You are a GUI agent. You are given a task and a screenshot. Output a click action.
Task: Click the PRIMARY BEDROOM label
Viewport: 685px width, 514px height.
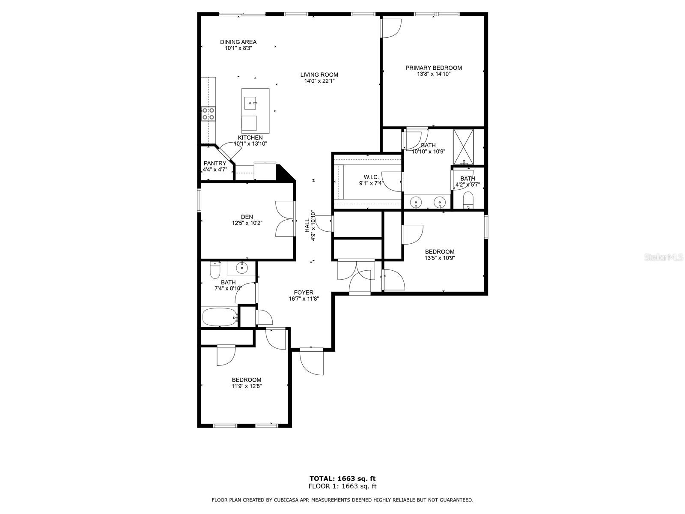tap(433, 68)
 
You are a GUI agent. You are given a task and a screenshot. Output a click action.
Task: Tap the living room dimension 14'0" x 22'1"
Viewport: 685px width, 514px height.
tap(319, 81)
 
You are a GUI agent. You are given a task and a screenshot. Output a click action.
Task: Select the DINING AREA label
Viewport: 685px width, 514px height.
tap(238, 42)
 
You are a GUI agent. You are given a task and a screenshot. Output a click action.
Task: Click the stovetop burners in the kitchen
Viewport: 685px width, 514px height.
tap(208, 114)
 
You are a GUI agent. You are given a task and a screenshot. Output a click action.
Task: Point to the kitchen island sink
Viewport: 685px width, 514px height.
tap(250, 103)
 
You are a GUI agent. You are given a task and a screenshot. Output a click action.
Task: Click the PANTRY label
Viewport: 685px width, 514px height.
tap(215, 163)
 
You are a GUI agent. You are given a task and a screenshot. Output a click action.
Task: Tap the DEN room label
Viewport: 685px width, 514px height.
tap(247, 217)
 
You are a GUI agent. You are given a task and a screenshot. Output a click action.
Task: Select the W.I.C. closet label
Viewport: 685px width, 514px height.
tap(371, 177)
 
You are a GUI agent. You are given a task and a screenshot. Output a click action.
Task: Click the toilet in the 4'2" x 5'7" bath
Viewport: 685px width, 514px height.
tap(468, 200)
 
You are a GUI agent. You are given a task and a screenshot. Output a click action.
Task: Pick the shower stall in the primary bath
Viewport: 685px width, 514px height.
tap(463, 146)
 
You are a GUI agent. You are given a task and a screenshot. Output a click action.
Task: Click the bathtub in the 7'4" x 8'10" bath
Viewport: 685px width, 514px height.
tap(220, 317)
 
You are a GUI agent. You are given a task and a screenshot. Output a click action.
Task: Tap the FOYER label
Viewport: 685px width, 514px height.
tap(304, 293)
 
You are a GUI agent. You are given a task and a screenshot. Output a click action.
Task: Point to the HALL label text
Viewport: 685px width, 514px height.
tap(307, 225)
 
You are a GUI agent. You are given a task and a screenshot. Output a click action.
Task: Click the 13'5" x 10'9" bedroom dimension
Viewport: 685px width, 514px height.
tap(439, 258)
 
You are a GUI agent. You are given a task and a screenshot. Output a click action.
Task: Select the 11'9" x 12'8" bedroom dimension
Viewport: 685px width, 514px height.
tap(247, 386)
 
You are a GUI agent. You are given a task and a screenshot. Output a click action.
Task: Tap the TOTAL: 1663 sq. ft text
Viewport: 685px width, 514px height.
tap(342, 479)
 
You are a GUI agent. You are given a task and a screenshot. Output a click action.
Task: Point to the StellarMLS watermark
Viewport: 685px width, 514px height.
tap(664, 257)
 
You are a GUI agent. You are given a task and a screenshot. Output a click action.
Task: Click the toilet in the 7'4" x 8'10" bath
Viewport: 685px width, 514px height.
tap(215, 270)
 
